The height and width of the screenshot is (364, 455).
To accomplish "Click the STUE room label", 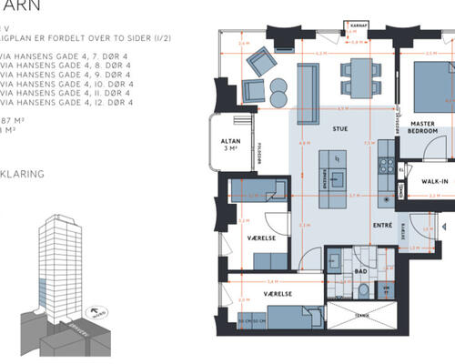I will point(341,129).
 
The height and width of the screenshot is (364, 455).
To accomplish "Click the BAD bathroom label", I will point(360,270).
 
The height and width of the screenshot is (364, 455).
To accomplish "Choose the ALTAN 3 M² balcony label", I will point(229,144).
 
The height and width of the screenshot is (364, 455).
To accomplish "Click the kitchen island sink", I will point(338,163).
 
